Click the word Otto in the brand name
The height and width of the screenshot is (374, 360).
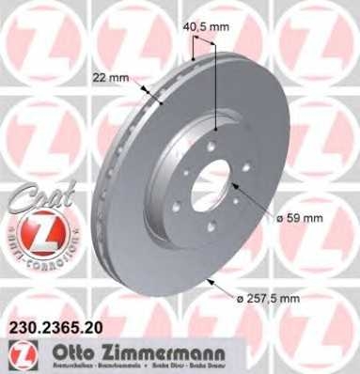[73, 352]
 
